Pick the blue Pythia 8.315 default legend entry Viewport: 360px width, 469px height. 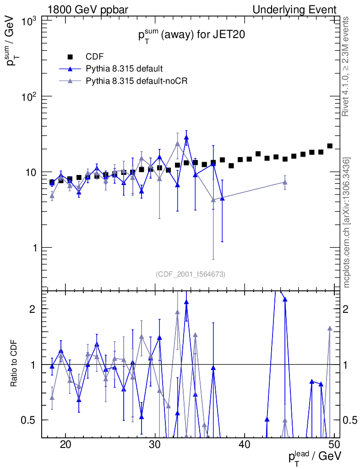pos(124,69)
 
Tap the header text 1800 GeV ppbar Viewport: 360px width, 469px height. pos(87,10)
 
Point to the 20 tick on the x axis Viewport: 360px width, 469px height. pos(65,445)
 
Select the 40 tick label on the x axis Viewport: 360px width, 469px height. pos(245,445)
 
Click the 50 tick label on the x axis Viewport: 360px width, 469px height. pos(334,445)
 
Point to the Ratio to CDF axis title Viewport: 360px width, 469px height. pos(14,364)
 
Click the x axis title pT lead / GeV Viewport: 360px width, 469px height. pos(314,456)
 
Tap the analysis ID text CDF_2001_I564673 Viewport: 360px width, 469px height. pos(190,274)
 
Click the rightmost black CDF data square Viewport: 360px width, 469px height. pos(330,146)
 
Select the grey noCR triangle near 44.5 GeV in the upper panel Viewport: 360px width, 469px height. pos(285,182)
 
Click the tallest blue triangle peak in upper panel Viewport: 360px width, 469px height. pos(186,137)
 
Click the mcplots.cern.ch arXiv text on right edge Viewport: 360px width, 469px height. pos(347,222)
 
